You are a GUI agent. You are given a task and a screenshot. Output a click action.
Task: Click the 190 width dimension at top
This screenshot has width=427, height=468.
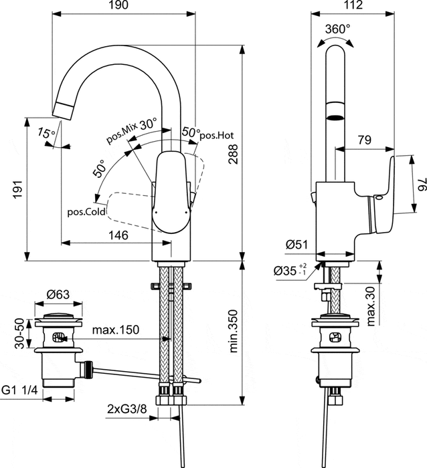tap(124, 6)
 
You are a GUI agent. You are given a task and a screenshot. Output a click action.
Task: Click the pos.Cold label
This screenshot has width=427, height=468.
tap(87, 212)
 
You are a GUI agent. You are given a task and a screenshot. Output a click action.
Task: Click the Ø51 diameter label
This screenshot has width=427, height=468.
tap(296, 246)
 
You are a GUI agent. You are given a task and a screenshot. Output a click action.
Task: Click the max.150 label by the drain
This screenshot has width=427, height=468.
tap(115, 329)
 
